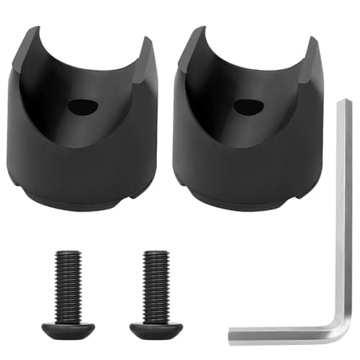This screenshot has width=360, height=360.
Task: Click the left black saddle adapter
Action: (86, 144)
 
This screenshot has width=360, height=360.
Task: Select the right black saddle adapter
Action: (248, 144)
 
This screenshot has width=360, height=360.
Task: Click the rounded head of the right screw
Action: (157, 329)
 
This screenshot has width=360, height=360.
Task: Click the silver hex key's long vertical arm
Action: (344, 216)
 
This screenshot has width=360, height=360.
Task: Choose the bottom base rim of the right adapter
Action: (248, 204)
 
